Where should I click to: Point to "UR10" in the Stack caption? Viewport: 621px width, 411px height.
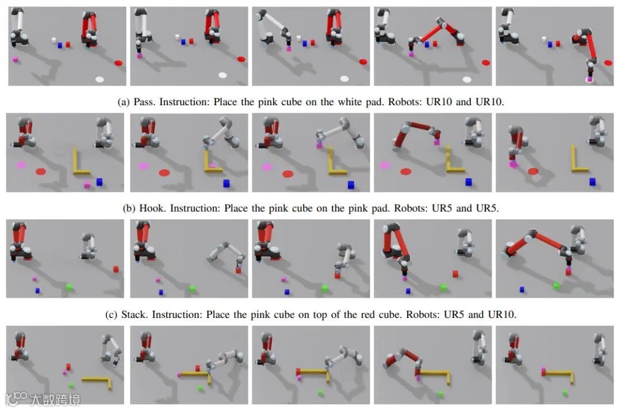[502, 314]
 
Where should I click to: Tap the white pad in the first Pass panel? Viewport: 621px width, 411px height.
[99, 79]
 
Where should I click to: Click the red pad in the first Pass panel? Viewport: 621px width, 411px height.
[118, 63]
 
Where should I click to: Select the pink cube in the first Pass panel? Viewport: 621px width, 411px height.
[16, 59]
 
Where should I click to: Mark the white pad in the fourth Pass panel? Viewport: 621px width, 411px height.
[467, 79]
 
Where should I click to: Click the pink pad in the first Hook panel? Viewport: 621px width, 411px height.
[22, 165]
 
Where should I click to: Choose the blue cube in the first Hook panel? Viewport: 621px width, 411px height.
[99, 182]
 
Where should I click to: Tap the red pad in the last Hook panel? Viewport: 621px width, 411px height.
[533, 171]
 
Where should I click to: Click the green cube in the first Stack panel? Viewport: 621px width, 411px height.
[70, 287]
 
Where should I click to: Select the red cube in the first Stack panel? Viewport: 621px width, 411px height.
[116, 268]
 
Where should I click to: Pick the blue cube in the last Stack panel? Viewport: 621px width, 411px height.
[522, 289]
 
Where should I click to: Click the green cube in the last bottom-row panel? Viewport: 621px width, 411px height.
[565, 393]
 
